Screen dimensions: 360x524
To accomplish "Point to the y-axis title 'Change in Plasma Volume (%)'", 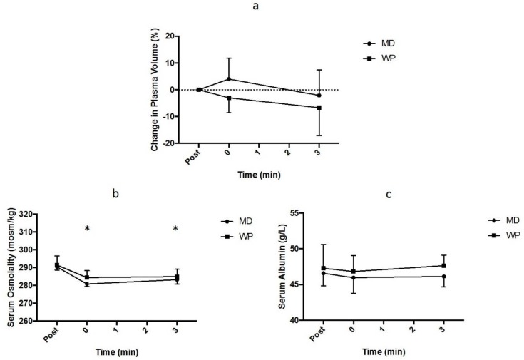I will tap(155, 89).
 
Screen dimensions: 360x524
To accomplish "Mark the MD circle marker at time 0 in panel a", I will tap(229, 79).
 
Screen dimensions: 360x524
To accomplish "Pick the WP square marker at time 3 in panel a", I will tap(319, 108).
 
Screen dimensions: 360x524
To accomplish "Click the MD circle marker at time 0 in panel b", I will tap(87, 284).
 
